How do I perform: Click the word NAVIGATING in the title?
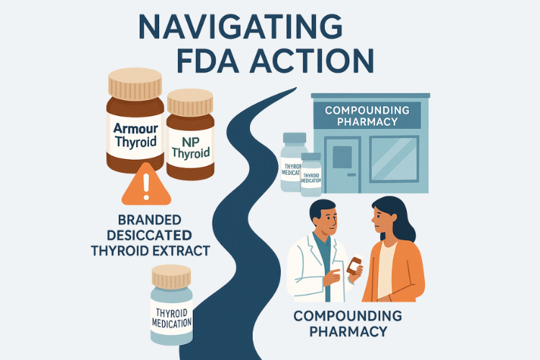240,27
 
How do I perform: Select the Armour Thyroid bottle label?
135,136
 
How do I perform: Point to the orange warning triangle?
146,185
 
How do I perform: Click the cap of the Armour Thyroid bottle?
135,84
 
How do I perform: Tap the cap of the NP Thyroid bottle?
190,102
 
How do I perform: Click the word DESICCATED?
149,235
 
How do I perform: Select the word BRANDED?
150,220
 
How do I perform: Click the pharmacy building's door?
342,164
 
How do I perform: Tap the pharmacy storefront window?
395,159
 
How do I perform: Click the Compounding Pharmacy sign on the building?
367,116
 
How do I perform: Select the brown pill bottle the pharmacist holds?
355,265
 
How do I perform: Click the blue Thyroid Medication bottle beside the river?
171,305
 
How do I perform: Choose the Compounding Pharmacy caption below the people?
348,323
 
